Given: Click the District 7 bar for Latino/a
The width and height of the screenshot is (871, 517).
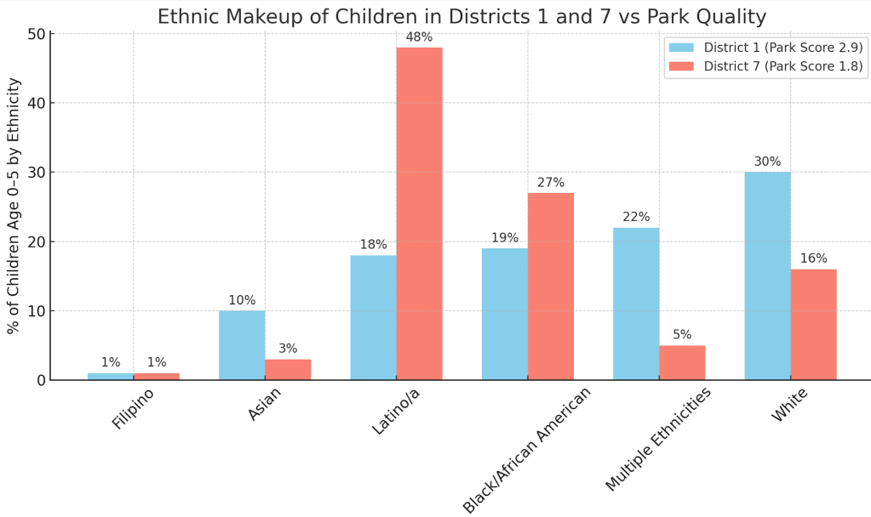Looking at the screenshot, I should click(x=419, y=213).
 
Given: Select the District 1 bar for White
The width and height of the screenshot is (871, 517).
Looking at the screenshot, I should click(x=767, y=276).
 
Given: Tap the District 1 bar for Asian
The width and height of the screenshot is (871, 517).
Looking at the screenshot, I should click(x=242, y=345).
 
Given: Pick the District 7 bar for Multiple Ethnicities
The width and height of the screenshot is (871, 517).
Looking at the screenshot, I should click(x=682, y=362).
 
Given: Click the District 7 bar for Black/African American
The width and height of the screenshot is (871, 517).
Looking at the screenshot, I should click(x=551, y=286).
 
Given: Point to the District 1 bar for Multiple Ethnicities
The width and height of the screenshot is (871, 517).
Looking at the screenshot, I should click(x=636, y=304).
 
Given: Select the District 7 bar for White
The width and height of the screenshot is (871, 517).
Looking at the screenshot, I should click(x=813, y=324).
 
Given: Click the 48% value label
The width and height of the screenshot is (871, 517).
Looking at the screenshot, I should click(x=419, y=37).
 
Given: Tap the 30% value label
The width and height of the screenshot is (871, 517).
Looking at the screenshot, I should click(x=767, y=162).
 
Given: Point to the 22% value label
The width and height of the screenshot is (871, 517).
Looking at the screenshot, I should click(x=636, y=217).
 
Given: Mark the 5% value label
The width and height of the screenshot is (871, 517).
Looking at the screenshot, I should click(x=682, y=335).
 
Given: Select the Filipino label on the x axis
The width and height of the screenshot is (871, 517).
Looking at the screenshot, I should click(x=134, y=409).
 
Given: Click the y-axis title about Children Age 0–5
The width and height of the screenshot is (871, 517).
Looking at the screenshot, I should click(x=14, y=206).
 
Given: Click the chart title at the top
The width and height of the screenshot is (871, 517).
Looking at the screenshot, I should click(x=461, y=16).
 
